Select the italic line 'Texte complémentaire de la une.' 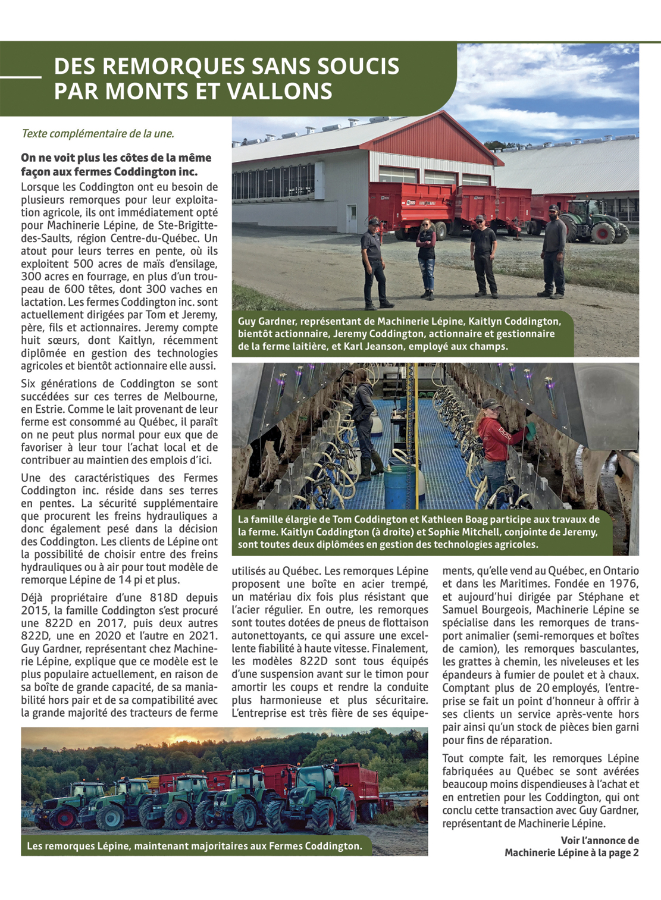pyautogui.click(x=98, y=133)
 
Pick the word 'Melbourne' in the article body pyautogui.click(x=189, y=396)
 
